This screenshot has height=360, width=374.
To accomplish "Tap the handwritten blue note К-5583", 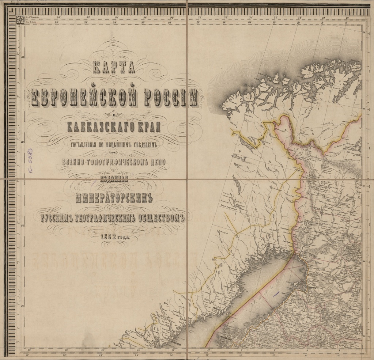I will tap(30, 162).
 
